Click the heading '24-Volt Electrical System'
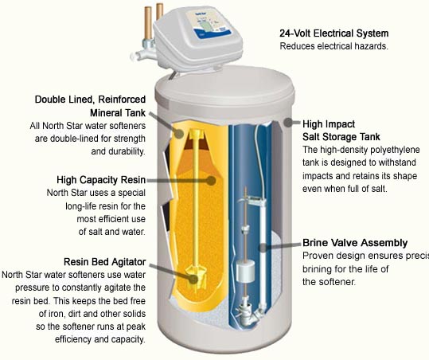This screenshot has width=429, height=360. tap(333, 33)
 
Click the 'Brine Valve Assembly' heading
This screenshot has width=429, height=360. tap(355, 242)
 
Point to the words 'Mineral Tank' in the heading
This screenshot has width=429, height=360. tap(128, 112)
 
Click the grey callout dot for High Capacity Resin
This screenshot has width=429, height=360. tap(211, 181)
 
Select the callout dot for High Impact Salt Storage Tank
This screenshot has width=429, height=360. tap(288, 123)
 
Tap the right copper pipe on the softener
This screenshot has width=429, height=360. tap(160, 12)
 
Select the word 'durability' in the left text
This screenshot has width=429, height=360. tap(123, 151)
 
